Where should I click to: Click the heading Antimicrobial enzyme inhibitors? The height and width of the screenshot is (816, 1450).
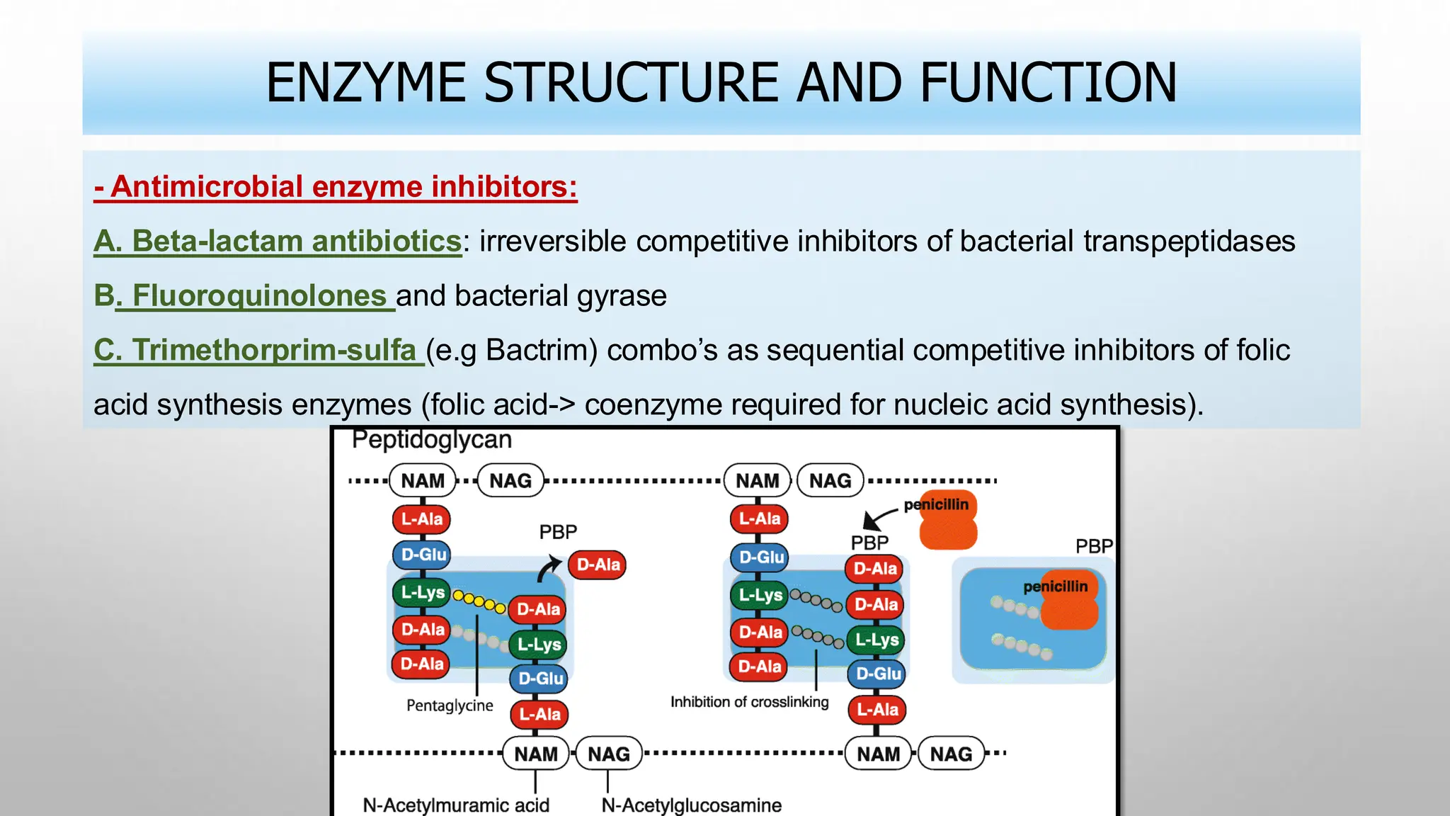[336, 187]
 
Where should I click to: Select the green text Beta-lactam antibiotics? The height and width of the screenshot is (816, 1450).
[278, 242]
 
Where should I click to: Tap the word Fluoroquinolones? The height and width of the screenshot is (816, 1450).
[258, 296]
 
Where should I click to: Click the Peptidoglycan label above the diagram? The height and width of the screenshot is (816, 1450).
[431, 440]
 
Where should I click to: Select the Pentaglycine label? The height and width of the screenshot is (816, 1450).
[450, 705]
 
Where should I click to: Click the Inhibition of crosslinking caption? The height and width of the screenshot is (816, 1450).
[749, 702]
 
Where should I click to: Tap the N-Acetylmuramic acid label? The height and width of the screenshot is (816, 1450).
[455, 805]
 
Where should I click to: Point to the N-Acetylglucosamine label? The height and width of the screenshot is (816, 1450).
[691, 805]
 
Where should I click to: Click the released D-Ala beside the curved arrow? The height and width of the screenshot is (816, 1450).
[598, 565]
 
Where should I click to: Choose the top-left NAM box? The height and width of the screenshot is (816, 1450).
[423, 481]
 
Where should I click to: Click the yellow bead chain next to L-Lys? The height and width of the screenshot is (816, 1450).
[479, 602]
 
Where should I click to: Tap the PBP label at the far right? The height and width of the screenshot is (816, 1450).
[1093, 546]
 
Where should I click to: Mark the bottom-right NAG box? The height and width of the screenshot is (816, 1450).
[950, 754]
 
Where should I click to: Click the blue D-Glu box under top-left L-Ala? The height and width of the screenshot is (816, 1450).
[423, 555]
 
